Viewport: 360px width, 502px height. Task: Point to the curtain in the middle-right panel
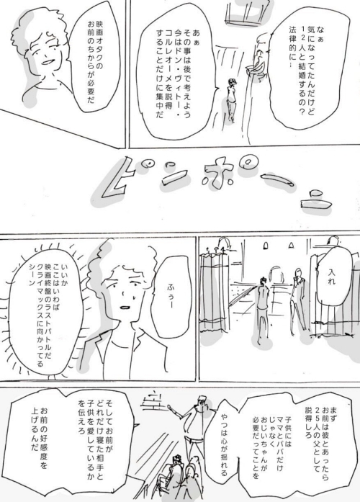click(x=220, y=302)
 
